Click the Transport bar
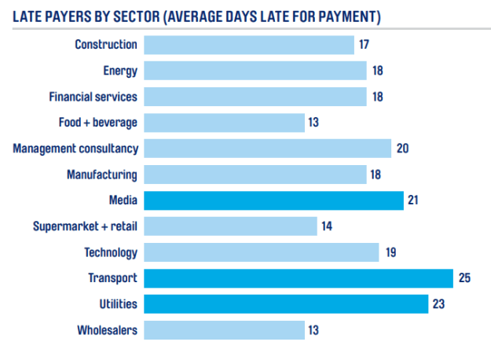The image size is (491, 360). coord(299,278)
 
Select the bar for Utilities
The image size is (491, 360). coord(286,304)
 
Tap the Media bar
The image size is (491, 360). coord(274,200)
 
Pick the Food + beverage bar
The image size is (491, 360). coord(225,123)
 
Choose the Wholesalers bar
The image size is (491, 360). coord(225,330)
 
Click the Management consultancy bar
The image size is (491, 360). coord(268,149)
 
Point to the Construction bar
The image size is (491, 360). coord(250,45)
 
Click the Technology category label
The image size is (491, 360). coord(112,252)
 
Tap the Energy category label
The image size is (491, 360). coord(120,71)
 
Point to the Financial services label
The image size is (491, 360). coord(93,97)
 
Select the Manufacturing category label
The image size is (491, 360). coord(103,174)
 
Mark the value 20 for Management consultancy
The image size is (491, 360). coord(403,149)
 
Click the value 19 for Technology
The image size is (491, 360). coord(391,252)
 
